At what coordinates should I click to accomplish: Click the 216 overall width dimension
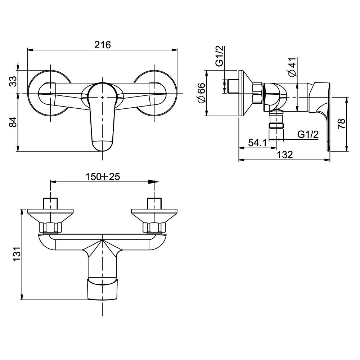[103, 45]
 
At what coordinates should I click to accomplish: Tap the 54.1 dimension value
[257, 143]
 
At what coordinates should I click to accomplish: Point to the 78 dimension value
[342, 124]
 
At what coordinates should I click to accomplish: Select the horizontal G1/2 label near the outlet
[308, 135]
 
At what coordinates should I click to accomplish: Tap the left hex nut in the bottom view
[50, 228]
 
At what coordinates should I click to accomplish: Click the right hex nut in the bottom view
[154, 228]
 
